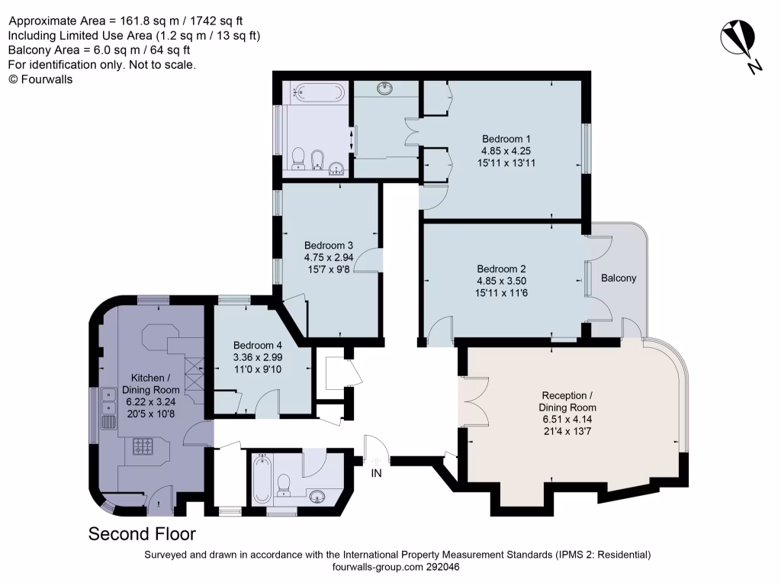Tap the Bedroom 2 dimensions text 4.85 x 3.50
tap(502, 281)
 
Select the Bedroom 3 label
tap(328, 246)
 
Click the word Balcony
tap(618, 279)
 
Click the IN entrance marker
tap(376, 473)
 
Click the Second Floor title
tap(142, 533)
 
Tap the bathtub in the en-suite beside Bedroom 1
tap(316, 93)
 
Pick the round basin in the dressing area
tap(386, 89)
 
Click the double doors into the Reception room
tap(474, 401)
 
